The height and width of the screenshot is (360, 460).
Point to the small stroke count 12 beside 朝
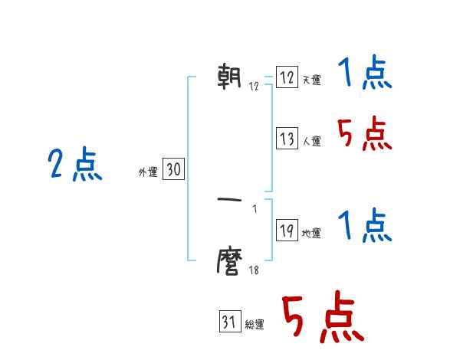coord(254,86)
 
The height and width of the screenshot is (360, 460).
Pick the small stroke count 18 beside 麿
coord(254,270)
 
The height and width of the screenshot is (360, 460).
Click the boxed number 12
coord(287,77)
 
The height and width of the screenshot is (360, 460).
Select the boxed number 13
coord(287,139)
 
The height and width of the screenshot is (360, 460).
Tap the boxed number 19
coord(287,231)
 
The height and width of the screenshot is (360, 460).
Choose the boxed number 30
coord(173,170)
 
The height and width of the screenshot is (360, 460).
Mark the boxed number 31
coord(229,322)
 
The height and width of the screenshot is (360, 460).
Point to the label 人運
coord(311,142)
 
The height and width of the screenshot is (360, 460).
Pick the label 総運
coord(255,325)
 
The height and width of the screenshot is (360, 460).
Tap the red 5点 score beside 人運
coord(365,136)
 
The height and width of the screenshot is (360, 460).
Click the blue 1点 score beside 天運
coord(365,74)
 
